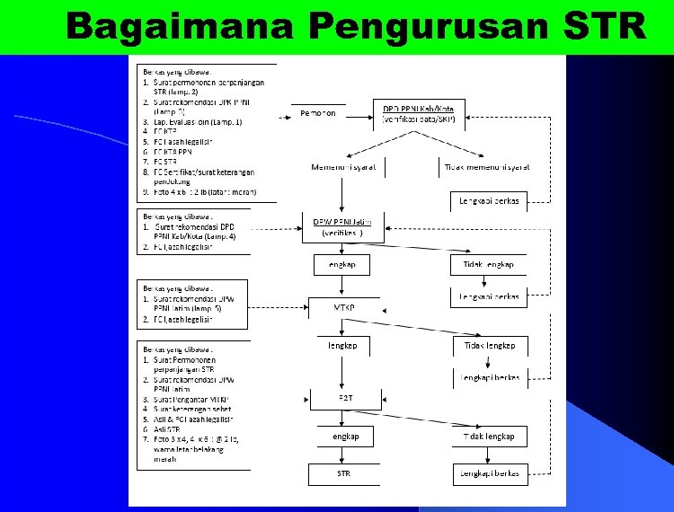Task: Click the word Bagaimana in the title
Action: tap(180, 27)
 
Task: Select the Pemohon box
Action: tap(318, 113)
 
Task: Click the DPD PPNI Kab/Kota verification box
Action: tap(419, 113)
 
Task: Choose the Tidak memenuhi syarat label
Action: tap(487, 167)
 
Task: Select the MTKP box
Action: tap(343, 307)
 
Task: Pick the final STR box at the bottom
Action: tap(344, 472)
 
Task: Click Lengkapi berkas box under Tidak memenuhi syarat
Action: tap(489, 200)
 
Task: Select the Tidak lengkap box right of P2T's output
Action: tap(489, 436)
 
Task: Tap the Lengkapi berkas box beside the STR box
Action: tap(489, 472)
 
